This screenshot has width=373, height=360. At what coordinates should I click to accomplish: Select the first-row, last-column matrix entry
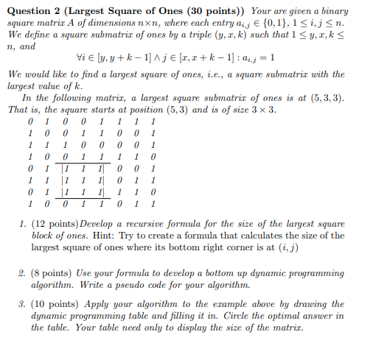(153, 122)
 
